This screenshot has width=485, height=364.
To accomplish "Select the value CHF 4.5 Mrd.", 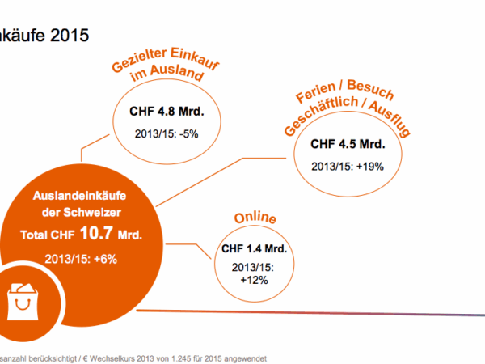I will pos(348,146).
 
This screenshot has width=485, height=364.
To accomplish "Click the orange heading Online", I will pos(255,219).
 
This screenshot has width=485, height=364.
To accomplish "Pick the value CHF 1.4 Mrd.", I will pos(255,248).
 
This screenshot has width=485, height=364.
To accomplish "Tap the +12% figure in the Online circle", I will pos(255,280).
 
